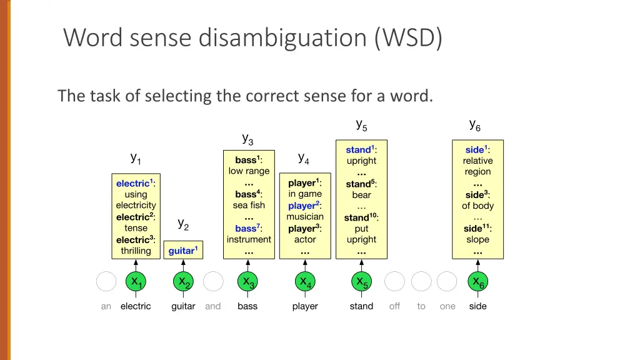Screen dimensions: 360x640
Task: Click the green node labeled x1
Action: tap(136, 282)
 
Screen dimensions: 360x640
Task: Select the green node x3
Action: tap(248, 282)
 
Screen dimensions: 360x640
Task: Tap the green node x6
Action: tap(478, 282)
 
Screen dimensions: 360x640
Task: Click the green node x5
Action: tap(362, 282)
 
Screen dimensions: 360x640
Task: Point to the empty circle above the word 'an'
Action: tap(106, 282)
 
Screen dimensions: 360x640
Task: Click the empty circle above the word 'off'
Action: tap(394, 282)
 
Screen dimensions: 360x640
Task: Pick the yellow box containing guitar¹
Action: tap(183, 251)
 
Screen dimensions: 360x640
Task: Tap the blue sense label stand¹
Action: tap(360, 149)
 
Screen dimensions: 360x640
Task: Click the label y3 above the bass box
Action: tap(247, 138)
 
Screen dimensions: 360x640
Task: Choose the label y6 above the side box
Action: tap(475, 125)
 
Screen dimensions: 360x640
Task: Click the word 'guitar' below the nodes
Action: tap(183, 306)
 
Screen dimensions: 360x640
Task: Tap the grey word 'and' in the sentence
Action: tap(213, 306)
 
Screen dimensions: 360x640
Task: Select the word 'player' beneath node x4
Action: tap(305, 306)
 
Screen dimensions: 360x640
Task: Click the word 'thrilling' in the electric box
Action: tap(136, 251)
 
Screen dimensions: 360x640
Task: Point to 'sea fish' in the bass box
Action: tap(249, 205)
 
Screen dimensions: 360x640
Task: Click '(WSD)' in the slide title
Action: tap(409, 38)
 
